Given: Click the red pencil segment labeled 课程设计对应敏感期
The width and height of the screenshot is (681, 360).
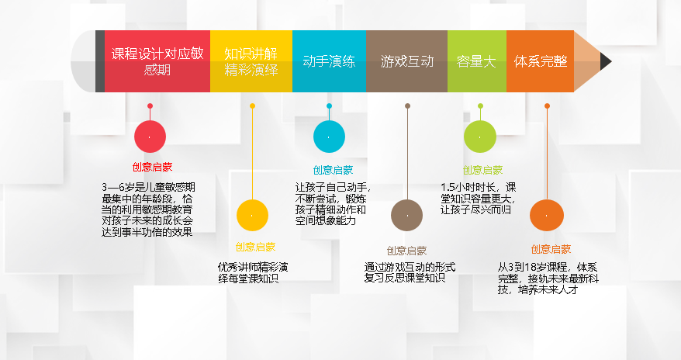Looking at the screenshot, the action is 157,61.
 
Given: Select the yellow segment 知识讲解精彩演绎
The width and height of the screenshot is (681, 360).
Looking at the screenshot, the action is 251,61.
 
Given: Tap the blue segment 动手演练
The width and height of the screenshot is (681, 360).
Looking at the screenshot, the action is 329,61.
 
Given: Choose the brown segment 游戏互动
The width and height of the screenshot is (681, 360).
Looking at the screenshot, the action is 406,61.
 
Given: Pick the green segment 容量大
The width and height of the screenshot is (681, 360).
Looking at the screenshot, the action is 477,61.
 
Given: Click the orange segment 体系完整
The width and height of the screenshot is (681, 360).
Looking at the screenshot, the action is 541,61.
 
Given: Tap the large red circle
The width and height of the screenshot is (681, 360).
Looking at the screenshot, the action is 150,137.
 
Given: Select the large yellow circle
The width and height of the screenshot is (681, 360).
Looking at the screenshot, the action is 252,216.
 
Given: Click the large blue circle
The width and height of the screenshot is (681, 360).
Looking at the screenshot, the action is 329,137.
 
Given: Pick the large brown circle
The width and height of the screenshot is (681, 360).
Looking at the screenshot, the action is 407,216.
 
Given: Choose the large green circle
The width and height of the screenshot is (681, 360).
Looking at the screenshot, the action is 480,137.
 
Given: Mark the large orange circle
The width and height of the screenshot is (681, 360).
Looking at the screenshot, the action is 547,216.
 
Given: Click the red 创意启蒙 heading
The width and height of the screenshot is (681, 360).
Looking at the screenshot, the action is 153,167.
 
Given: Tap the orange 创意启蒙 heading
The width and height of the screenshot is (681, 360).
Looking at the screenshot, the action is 551,249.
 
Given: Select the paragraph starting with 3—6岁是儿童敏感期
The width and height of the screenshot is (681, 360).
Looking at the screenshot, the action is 148,209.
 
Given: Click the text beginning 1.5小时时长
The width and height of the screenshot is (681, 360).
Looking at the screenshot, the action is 479,199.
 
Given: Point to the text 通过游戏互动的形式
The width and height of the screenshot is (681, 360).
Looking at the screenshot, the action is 410,267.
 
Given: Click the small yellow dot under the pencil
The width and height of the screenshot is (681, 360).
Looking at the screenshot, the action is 252,106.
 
